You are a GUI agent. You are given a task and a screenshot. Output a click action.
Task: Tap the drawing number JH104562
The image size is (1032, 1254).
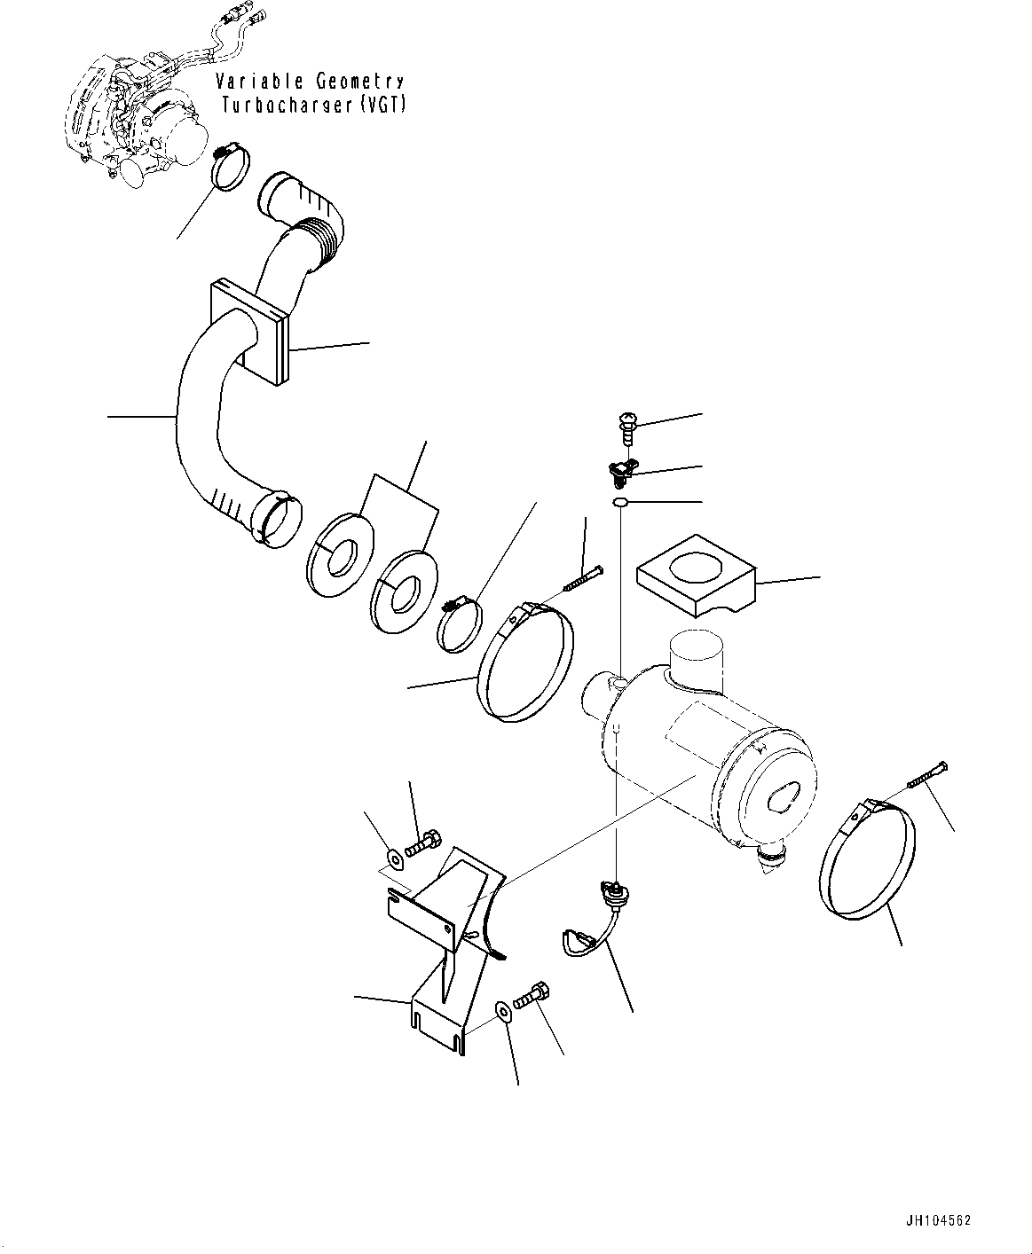point(938,1220)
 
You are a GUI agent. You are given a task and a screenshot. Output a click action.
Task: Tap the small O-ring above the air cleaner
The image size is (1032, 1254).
point(620,504)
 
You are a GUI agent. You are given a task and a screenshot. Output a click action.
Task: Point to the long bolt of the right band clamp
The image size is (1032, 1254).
point(928,775)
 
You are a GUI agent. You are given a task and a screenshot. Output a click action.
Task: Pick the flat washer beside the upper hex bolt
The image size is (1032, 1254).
point(394,858)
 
